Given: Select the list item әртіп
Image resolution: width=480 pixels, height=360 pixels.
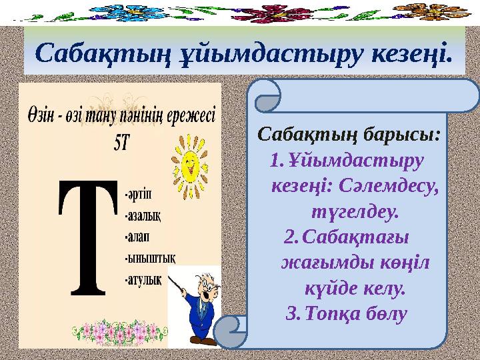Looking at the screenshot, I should [138, 194].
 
